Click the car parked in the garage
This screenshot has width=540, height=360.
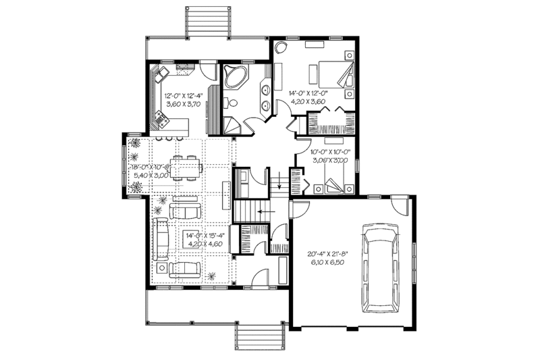tap(382, 268)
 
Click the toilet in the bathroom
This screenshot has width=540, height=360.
tap(231, 103)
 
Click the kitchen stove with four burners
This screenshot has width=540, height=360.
tap(161, 120)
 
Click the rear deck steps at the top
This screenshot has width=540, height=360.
tap(207, 22)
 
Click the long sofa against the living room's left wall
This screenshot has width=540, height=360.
tap(161, 239)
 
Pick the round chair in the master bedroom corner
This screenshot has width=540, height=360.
tap(281, 48)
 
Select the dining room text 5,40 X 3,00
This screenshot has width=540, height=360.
tap(152, 176)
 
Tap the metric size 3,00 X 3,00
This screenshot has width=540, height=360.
tap(329, 161)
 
